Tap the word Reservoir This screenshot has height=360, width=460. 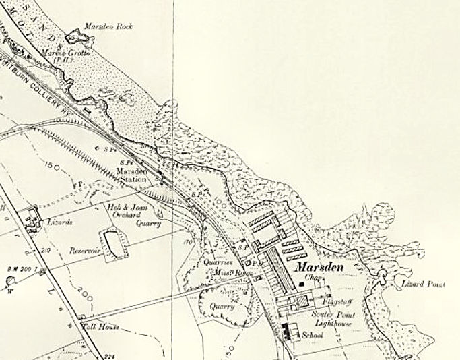tap(84, 250)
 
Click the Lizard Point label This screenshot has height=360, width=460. tap(424, 285)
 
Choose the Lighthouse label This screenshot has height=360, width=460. tap(328, 324)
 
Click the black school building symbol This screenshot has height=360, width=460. tap(292, 330)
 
